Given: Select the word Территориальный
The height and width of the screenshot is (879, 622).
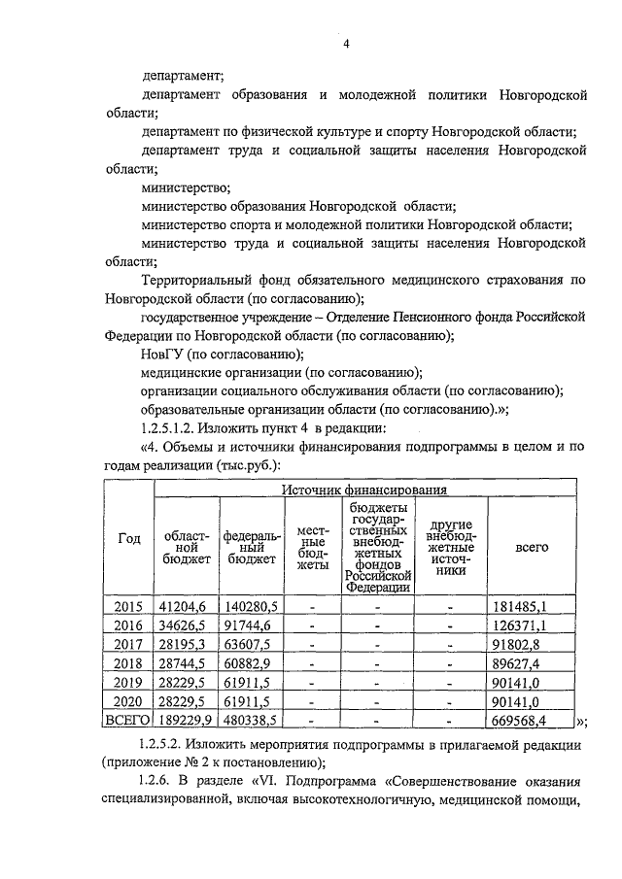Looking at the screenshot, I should [201, 280].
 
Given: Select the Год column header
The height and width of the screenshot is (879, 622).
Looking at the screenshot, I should [128, 540].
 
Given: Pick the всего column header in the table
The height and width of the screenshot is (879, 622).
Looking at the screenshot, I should [532, 547].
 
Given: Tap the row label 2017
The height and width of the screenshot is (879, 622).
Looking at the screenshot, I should [128, 645].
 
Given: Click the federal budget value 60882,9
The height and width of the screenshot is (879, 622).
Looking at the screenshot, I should [252, 663].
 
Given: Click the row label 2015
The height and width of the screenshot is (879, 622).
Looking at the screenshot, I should [128, 607].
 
